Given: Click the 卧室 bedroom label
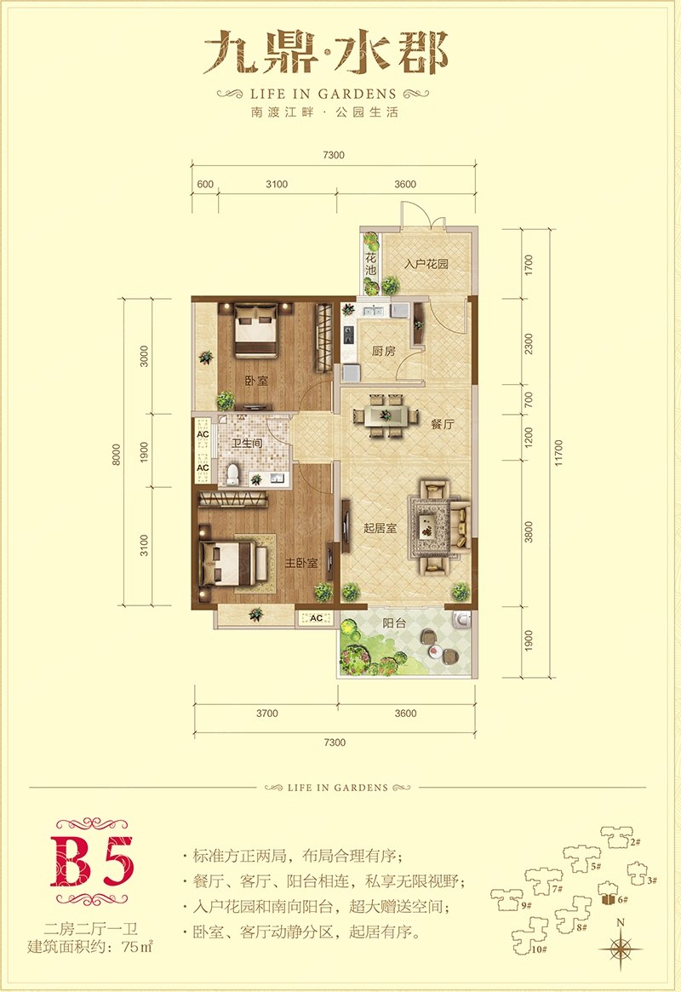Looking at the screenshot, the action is (257, 381).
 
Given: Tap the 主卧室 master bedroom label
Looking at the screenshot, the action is (301, 563).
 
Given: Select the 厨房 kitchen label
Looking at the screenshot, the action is (384, 351).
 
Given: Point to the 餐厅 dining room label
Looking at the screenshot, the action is (443, 424).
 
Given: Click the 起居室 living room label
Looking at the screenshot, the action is (380, 528).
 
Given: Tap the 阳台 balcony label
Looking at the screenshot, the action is (395, 623).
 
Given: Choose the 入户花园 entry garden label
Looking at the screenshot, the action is (426, 264).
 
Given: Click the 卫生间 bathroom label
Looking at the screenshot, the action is (247, 443).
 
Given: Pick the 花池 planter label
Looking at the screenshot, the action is (370, 265).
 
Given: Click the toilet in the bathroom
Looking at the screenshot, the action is (233, 474).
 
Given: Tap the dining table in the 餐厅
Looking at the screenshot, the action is (386, 416).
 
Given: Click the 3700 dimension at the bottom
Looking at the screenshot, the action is (266, 713).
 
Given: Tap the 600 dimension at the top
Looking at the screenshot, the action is (205, 184).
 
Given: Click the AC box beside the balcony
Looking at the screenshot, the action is (316, 618).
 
